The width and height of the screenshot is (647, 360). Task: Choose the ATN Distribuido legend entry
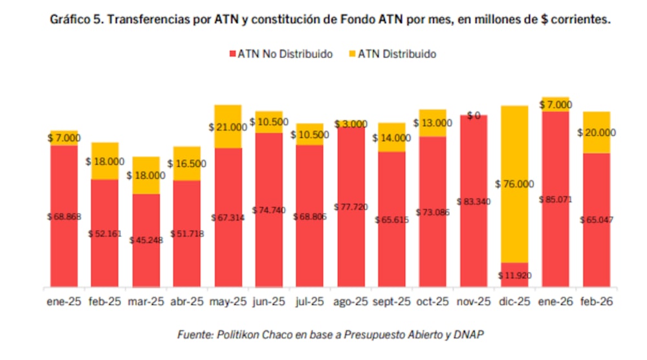coord(391,54)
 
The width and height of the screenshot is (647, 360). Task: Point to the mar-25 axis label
coord(146,301)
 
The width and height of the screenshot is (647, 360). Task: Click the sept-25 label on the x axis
coord(391,301)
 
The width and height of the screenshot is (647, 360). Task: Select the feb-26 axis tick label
coord(597,301)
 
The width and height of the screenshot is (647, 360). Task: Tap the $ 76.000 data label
coord(515,184)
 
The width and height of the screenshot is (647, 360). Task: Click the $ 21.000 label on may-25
coord(228,128)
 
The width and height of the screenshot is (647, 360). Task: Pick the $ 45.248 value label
coord(146,240)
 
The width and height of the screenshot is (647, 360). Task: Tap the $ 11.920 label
coord(515,275)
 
